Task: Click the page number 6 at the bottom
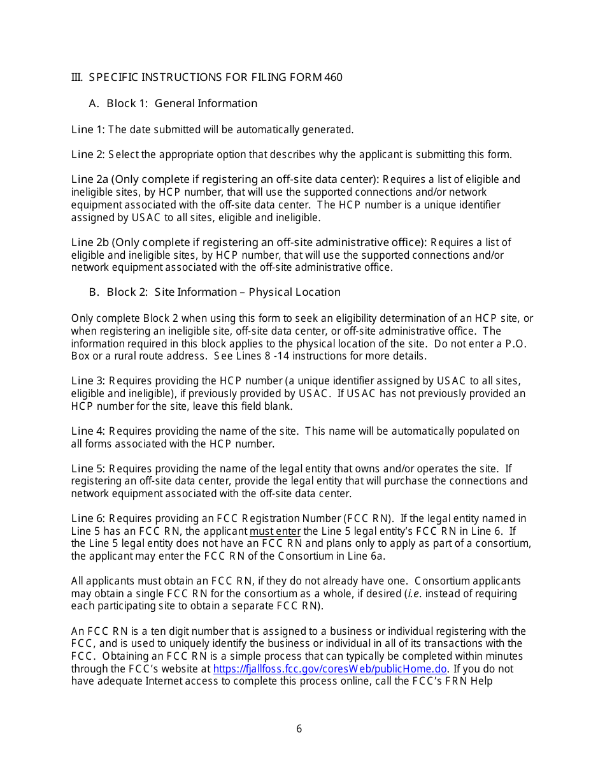299,729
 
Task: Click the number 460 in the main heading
333,78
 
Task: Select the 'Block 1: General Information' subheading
181,103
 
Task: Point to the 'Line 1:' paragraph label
88,129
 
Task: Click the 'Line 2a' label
90,179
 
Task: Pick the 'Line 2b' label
90,242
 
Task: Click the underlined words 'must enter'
275,531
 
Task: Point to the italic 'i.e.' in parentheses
413,593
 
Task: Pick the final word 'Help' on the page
481,681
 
